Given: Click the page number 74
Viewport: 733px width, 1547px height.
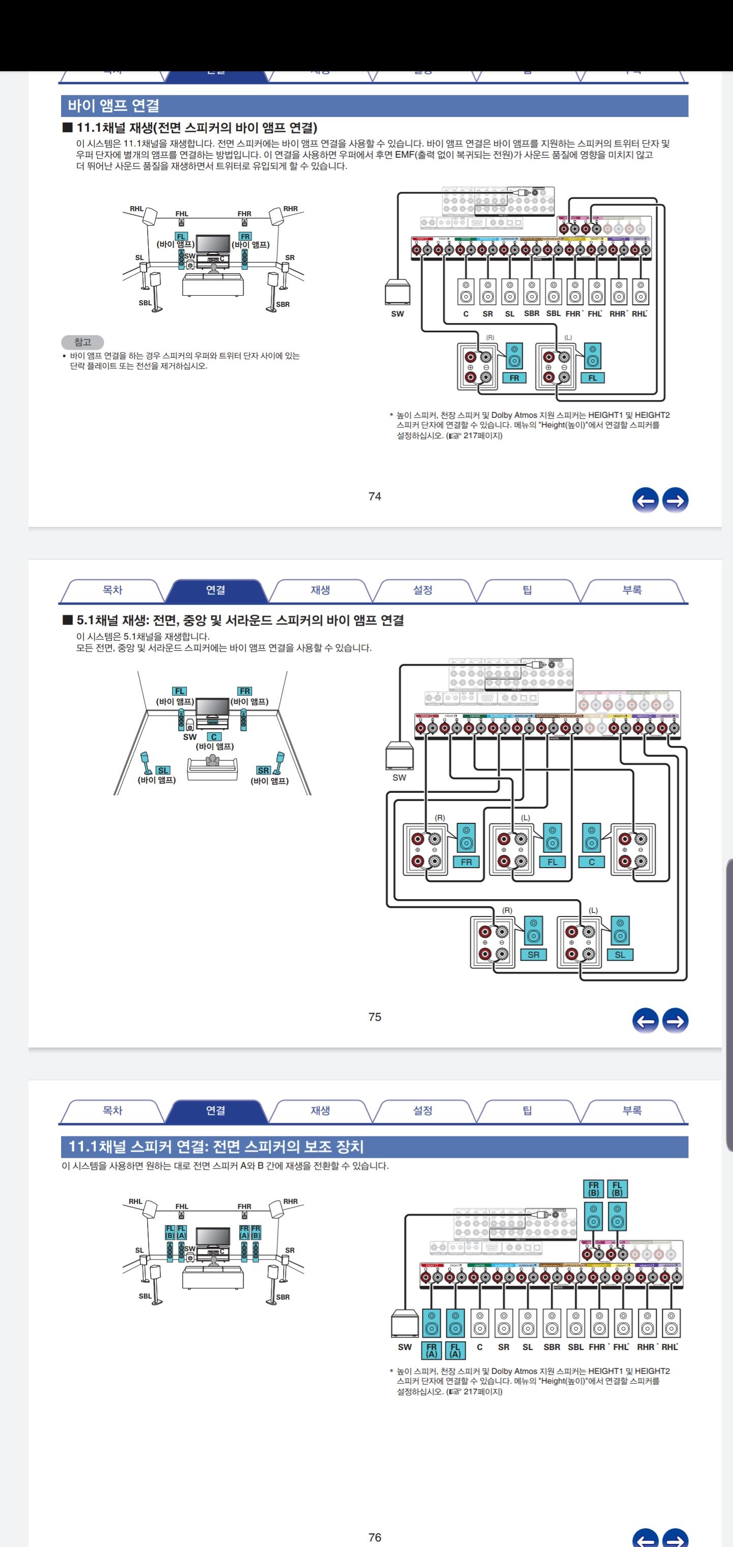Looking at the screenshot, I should (374, 496).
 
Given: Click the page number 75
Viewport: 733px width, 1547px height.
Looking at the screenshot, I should (374, 1017).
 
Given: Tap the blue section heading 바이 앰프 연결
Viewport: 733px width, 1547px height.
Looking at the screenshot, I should (114, 106).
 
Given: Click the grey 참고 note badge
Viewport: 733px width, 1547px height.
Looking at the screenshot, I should (82, 342).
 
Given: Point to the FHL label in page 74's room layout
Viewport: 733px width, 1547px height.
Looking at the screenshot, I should (181, 214).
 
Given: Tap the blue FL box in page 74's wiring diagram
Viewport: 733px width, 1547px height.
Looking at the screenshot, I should (593, 378).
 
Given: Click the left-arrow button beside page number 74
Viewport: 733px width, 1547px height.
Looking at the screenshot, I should (645, 500).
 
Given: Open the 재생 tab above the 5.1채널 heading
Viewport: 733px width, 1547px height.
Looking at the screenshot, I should (320, 590).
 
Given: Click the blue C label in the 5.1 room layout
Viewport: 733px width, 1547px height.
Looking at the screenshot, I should (214, 737).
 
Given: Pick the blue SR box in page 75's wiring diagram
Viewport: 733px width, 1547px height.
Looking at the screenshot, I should (533, 954).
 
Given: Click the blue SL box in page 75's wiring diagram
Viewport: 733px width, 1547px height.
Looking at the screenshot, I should (619, 954).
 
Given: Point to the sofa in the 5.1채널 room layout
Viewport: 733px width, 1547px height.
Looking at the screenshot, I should (212, 768).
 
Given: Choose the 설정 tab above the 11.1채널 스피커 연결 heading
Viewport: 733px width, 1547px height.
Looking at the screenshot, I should (422, 1110).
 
